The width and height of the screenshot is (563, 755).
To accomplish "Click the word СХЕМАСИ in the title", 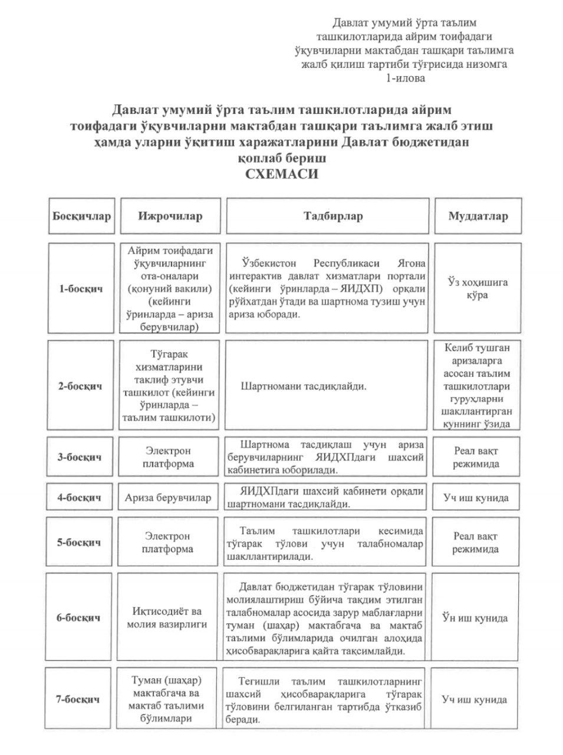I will (x=281, y=174).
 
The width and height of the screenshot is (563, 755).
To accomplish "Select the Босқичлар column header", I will (x=81, y=216).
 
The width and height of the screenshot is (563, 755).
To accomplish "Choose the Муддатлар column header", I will (x=478, y=216).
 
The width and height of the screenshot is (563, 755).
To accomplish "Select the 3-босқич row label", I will (x=80, y=457).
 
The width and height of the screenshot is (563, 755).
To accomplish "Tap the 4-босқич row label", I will (x=80, y=497).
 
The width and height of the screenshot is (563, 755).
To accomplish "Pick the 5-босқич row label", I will (x=80, y=542).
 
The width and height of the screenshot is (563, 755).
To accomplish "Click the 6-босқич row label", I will (x=80, y=618).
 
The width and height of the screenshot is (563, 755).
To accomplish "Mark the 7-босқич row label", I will (x=80, y=700).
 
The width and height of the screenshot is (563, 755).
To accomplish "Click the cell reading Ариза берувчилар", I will (x=168, y=497).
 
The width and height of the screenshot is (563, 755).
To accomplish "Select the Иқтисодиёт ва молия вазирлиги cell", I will (x=168, y=618).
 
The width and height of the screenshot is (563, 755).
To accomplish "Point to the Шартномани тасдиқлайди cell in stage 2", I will (x=304, y=387).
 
